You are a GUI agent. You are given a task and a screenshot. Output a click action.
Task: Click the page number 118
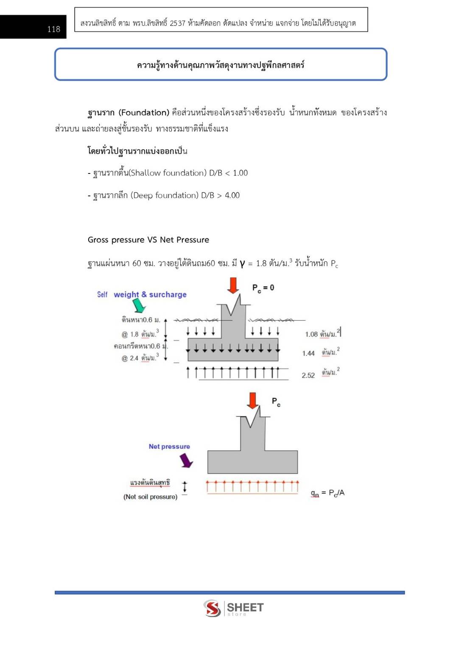[53, 29]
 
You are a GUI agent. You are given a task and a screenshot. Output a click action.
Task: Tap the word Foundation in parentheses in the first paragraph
[144, 112]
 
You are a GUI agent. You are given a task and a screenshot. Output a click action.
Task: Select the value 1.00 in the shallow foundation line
[240, 173]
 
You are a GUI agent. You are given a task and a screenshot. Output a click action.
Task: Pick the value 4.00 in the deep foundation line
[232, 195]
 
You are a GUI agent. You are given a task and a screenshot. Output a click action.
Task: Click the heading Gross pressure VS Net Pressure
[148, 240]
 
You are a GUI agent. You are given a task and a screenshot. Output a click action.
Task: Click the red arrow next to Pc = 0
[233, 285]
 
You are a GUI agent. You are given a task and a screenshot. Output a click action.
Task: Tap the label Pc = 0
[263, 288]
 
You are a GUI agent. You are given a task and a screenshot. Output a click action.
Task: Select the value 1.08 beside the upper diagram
[311, 334]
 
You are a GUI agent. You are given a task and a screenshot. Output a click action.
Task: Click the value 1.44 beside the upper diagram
[308, 353]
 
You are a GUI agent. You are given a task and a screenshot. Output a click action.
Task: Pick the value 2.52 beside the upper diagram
[308, 375]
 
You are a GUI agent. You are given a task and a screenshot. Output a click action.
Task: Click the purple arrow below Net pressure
[186, 460]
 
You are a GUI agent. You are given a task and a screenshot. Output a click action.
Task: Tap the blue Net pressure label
[169, 447]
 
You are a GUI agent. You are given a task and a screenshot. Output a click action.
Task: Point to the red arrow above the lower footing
[253, 400]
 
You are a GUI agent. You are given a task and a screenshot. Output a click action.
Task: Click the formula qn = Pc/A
[327, 493]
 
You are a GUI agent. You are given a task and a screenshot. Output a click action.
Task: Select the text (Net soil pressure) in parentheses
[150, 497]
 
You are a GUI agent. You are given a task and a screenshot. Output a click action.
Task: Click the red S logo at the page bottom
[212, 608]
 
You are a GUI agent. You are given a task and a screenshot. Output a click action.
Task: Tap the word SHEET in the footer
[245, 607]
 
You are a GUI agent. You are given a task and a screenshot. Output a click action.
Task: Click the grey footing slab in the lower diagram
[252, 462]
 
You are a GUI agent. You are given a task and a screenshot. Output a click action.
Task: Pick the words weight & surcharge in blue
[150, 294]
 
